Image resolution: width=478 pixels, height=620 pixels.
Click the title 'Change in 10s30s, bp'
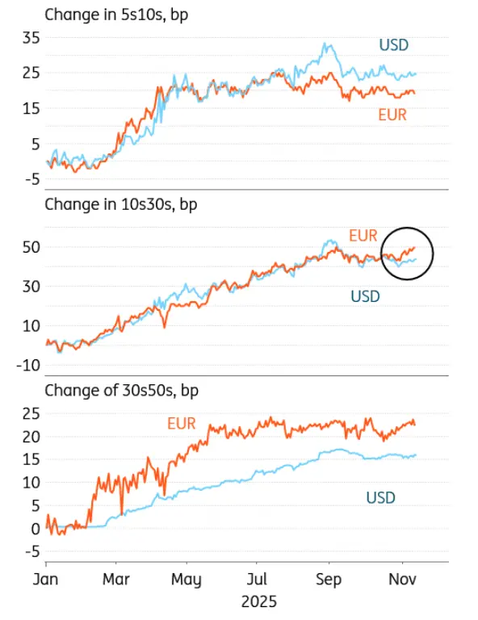pos(120,203)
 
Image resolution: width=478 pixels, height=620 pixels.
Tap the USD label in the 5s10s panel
pos(394,44)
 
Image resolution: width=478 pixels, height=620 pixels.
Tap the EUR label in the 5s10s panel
pos(392,115)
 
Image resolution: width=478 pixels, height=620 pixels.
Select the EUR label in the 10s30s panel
pos(363,236)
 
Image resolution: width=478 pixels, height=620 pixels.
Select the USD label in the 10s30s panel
pos(365,296)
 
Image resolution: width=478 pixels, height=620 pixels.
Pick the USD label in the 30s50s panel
pos(380,497)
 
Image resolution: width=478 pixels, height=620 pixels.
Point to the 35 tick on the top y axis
pos(31,38)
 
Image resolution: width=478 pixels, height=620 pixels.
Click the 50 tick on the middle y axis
pos(31,247)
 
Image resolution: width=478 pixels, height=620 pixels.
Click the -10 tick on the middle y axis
pos(29,364)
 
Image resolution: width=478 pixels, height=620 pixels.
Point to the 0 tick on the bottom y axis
pos(35,529)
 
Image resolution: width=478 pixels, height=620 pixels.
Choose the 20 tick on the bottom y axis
pos(31,437)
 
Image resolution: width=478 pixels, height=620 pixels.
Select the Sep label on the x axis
pos(328,580)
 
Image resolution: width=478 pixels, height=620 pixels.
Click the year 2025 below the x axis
pos(258,601)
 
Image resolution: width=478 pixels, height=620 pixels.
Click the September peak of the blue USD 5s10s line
pos(326,45)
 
